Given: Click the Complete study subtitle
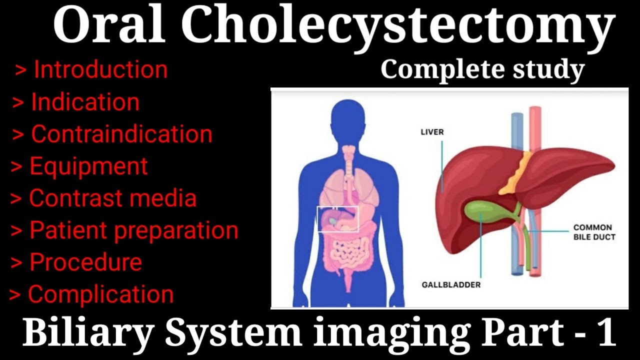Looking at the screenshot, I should [482, 70].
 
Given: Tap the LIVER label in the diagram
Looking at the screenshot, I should [431, 132].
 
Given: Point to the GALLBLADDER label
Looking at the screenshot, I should [450, 285].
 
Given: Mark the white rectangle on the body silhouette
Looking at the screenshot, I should [338, 219].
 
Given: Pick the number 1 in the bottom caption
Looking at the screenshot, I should [606, 333].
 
